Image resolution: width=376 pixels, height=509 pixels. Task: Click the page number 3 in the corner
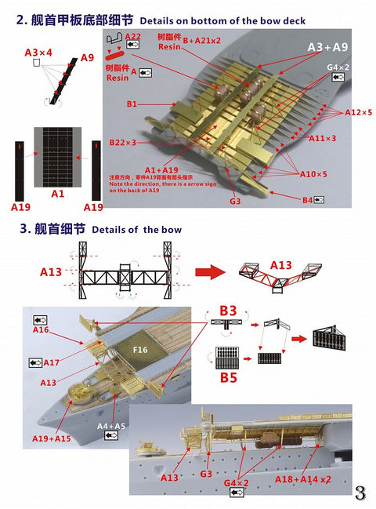[x=360, y=493]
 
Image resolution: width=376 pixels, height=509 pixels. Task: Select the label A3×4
[x=38, y=53]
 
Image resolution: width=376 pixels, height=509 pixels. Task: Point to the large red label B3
[x=227, y=311]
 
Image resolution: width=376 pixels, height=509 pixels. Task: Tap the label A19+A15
[x=52, y=438]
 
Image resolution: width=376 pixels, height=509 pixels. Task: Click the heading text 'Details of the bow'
[x=136, y=229]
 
